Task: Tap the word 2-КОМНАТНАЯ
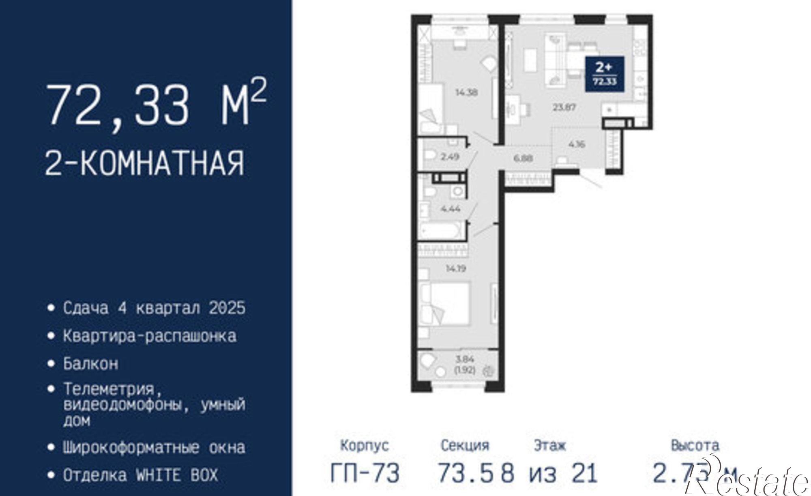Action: click(145, 163)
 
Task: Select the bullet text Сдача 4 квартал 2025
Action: click(154, 308)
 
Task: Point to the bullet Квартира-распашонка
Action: click(150, 336)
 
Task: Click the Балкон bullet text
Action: click(91, 364)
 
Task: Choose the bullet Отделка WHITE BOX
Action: click(140, 475)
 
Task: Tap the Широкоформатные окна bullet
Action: click(154, 448)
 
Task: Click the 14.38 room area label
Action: click(466, 92)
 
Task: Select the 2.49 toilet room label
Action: click(450, 157)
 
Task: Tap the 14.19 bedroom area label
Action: click(456, 268)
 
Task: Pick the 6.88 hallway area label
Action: click(523, 158)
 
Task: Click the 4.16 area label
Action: click(577, 144)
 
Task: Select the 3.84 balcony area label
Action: click(465, 359)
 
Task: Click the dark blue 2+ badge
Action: click(604, 74)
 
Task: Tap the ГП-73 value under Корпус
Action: click(365, 472)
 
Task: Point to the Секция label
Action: click(465, 446)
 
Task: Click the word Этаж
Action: click(549, 446)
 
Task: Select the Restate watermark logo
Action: click(750, 481)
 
